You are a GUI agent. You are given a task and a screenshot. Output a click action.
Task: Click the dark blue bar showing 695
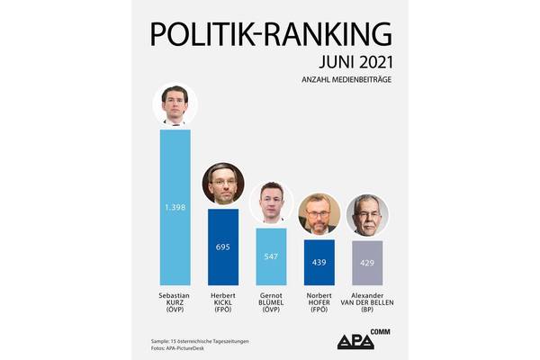tap(223, 245)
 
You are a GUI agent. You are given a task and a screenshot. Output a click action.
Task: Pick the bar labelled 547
tap(271, 255)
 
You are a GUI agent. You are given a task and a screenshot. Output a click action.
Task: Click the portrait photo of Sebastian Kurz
tap(175, 105)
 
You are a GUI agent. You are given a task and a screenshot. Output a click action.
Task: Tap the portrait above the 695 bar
tap(222, 184)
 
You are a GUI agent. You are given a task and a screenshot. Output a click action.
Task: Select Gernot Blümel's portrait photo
tap(271, 203)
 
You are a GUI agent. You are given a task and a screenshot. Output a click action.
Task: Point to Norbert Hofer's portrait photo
tap(319, 214)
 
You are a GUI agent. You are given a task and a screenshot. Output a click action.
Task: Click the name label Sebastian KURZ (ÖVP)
tap(175, 301)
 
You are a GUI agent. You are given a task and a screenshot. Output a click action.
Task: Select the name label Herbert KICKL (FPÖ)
tap(223, 301)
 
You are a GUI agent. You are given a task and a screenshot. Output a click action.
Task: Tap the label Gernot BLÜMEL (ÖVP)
tap(271, 301)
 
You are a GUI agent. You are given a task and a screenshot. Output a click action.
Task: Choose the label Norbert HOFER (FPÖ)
tap(319, 301)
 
